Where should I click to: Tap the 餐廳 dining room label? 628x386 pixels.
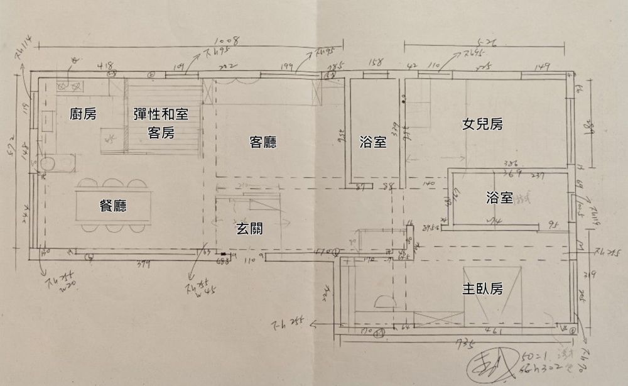pyautogui.click(x=113, y=206)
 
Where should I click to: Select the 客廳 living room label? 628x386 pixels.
pyautogui.click(x=263, y=143)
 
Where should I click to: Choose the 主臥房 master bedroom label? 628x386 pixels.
pyautogui.click(x=482, y=289)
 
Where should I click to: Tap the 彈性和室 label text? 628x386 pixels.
pyautogui.click(x=161, y=114)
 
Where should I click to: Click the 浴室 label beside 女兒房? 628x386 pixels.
pyautogui.click(x=373, y=143)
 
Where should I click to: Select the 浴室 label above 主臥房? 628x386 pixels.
pyautogui.click(x=499, y=198)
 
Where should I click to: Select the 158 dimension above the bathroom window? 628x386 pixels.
pyautogui.click(x=375, y=62)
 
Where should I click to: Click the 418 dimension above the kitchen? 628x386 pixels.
pyautogui.click(x=106, y=64)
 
